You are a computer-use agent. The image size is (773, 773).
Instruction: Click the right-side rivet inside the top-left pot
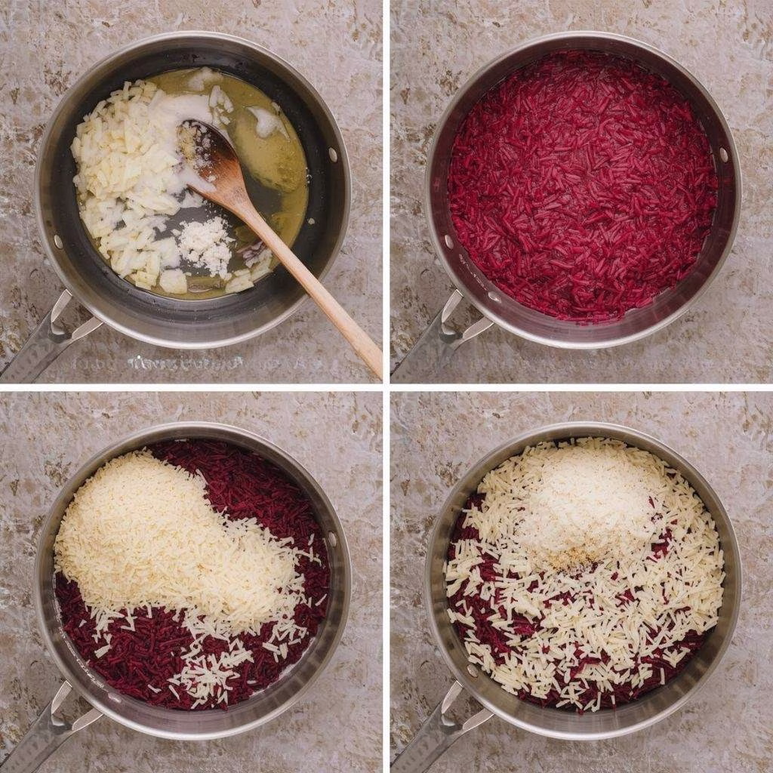tap(332, 154)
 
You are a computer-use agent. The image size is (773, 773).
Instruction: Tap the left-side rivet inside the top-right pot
tap(450, 242)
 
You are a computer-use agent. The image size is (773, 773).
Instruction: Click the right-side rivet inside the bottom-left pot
tap(332, 540)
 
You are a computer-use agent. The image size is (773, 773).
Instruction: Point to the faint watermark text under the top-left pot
tap(189, 363)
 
